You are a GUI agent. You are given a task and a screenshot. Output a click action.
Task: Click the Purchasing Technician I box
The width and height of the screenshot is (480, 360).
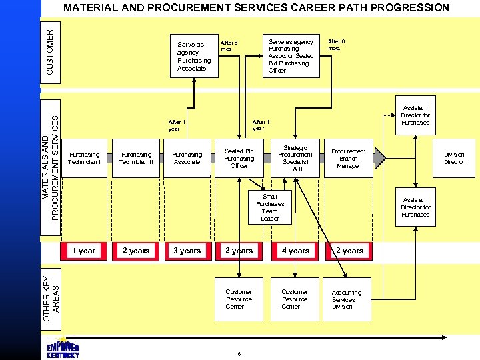click(85, 158)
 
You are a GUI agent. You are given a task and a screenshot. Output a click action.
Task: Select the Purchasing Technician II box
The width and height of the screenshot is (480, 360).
click(136, 158)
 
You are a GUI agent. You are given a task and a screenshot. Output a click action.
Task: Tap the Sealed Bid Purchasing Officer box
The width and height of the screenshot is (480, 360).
click(239, 159)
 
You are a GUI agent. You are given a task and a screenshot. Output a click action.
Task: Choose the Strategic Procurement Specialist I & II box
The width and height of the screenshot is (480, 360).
click(295, 159)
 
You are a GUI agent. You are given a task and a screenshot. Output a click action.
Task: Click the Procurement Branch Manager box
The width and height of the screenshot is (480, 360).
click(349, 159)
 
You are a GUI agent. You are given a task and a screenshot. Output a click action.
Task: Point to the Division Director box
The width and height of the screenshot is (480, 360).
click(454, 158)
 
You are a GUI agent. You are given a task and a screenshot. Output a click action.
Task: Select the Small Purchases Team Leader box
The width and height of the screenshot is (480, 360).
click(270, 207)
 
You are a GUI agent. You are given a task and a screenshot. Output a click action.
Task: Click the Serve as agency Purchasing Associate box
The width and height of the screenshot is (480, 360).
click(193, 57)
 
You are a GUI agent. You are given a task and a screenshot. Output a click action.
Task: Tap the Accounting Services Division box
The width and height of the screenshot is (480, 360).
click(347, 299)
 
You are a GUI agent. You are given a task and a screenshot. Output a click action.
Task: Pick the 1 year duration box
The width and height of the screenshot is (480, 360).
click(83, 251)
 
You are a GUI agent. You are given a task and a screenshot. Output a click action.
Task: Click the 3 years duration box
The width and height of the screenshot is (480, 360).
click(187, 251)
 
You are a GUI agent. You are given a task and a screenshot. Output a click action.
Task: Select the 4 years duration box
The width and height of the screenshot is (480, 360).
click(295, 251)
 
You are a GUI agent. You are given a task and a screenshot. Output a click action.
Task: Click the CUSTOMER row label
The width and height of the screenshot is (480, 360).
click(51, 51)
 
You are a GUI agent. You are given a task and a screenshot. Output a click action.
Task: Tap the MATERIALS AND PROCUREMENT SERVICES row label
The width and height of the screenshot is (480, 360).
click(51, 166)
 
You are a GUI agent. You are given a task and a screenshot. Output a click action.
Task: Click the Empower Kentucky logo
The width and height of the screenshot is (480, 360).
click(63, 351)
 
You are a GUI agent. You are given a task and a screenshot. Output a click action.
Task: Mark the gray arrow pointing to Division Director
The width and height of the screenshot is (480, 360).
click(379, 157)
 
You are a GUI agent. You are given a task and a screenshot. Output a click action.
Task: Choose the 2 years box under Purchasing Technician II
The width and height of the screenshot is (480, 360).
click(136, 251)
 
